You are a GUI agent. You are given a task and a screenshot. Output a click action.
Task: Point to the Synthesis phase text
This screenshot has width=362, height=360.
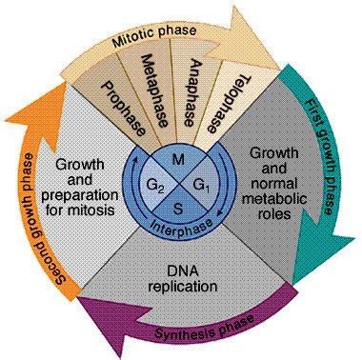pos(204,333)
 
